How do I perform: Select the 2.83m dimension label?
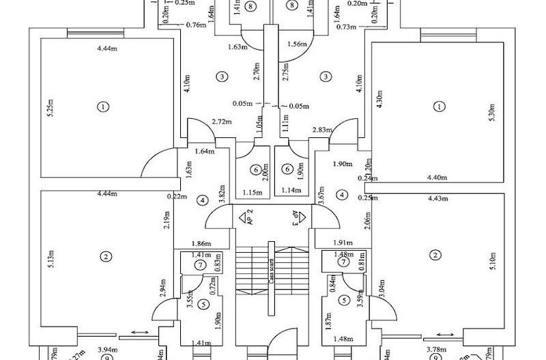tap(322, 129)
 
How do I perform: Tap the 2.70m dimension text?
tap(255, 72)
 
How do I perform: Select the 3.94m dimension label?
tap(104, 348)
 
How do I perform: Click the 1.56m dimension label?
tap(298, 44)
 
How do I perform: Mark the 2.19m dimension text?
tap(167, 221)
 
